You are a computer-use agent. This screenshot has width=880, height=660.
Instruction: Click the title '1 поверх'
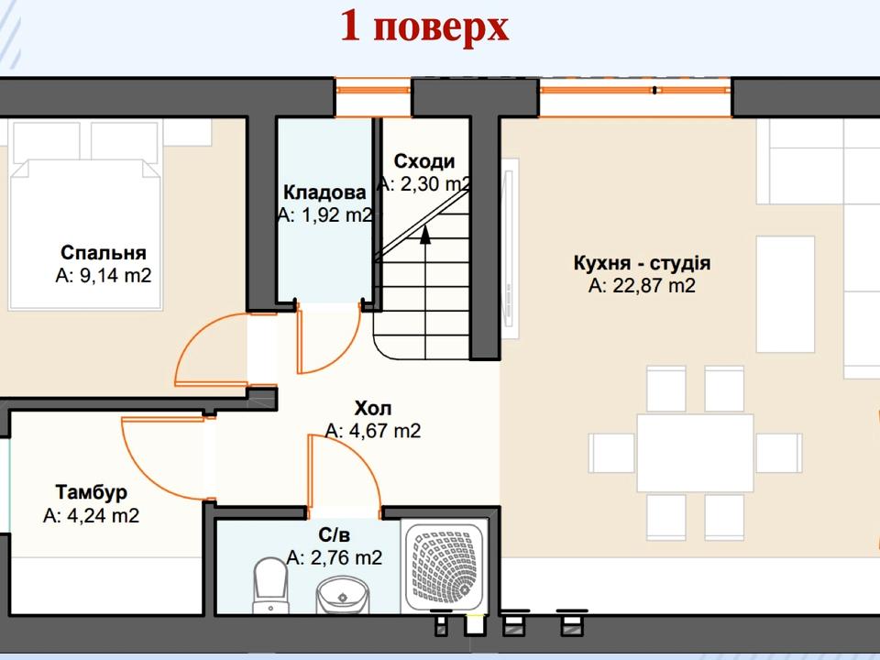click(x=424, y=27)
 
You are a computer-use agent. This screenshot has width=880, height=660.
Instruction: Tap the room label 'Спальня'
click(x=104, y=253)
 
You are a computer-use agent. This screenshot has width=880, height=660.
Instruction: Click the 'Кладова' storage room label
click(x=324, y=192)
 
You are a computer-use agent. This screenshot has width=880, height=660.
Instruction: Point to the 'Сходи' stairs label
click(x=424, y=161)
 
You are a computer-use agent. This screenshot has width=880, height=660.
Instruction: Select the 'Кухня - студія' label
click(x=642, y=263)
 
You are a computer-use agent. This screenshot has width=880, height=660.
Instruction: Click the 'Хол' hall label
click(x=373, y=407)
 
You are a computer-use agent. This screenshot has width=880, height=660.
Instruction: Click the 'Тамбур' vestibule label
click(x=92, y=492)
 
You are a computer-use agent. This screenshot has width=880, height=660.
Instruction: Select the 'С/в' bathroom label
click(x=335, y=534)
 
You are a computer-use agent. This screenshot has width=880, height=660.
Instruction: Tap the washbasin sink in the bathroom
click(x=342, y=596)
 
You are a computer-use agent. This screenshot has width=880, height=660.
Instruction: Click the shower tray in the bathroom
click(x=445, y=566)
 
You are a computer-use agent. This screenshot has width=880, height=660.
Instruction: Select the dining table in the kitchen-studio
click(x=696, y=453)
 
